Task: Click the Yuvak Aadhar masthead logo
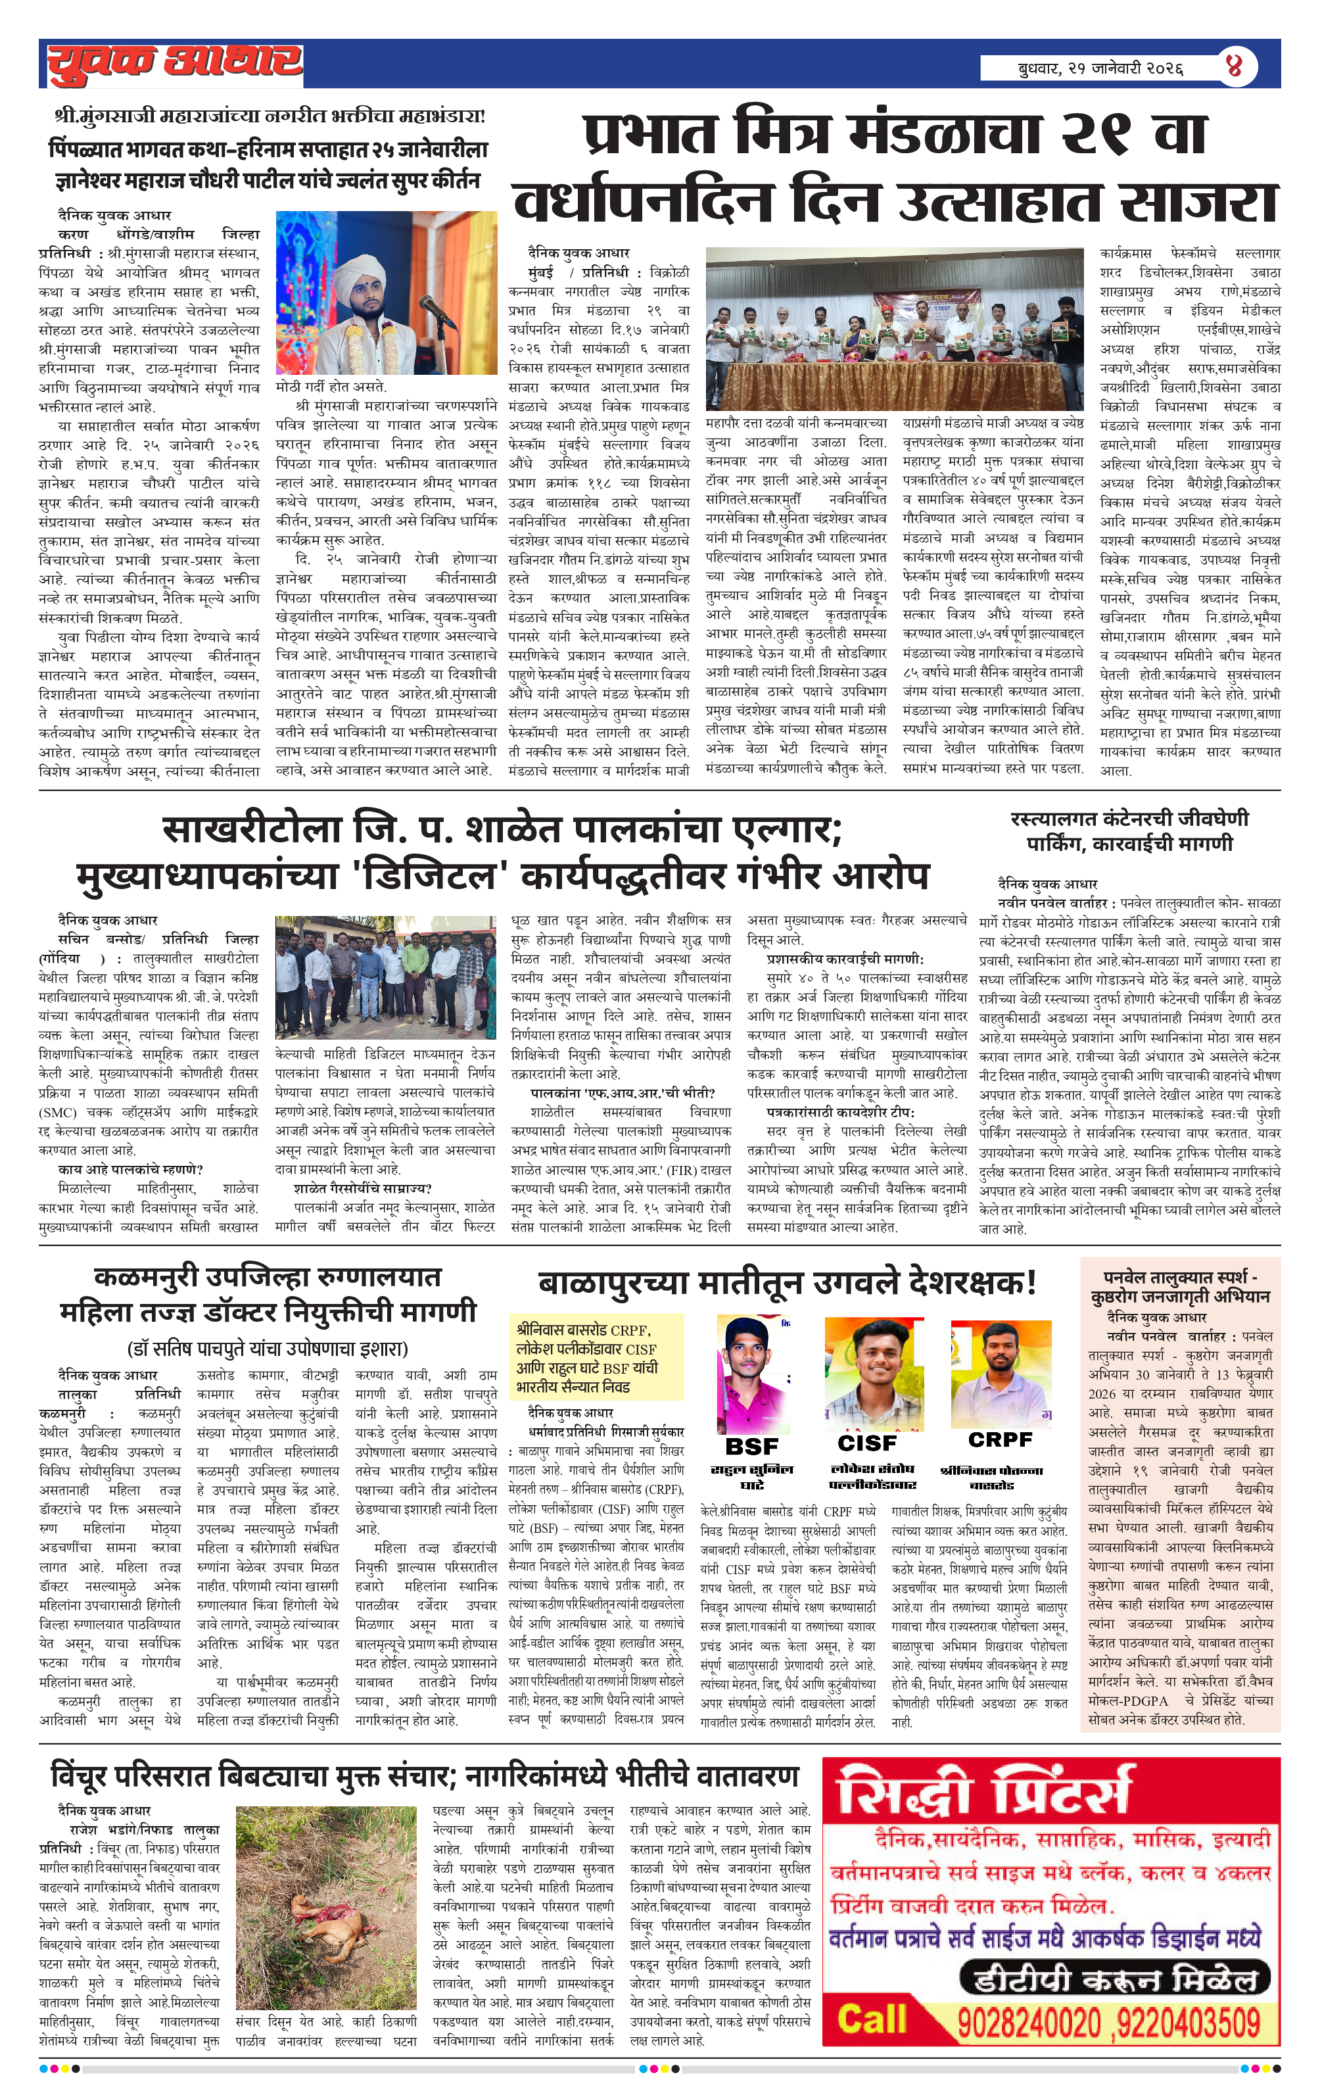point(174,62)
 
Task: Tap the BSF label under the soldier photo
point(751,1445)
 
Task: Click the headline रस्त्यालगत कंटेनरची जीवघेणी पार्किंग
point(1129,831)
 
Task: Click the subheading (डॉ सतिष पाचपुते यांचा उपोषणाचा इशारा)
point(268,1349)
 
